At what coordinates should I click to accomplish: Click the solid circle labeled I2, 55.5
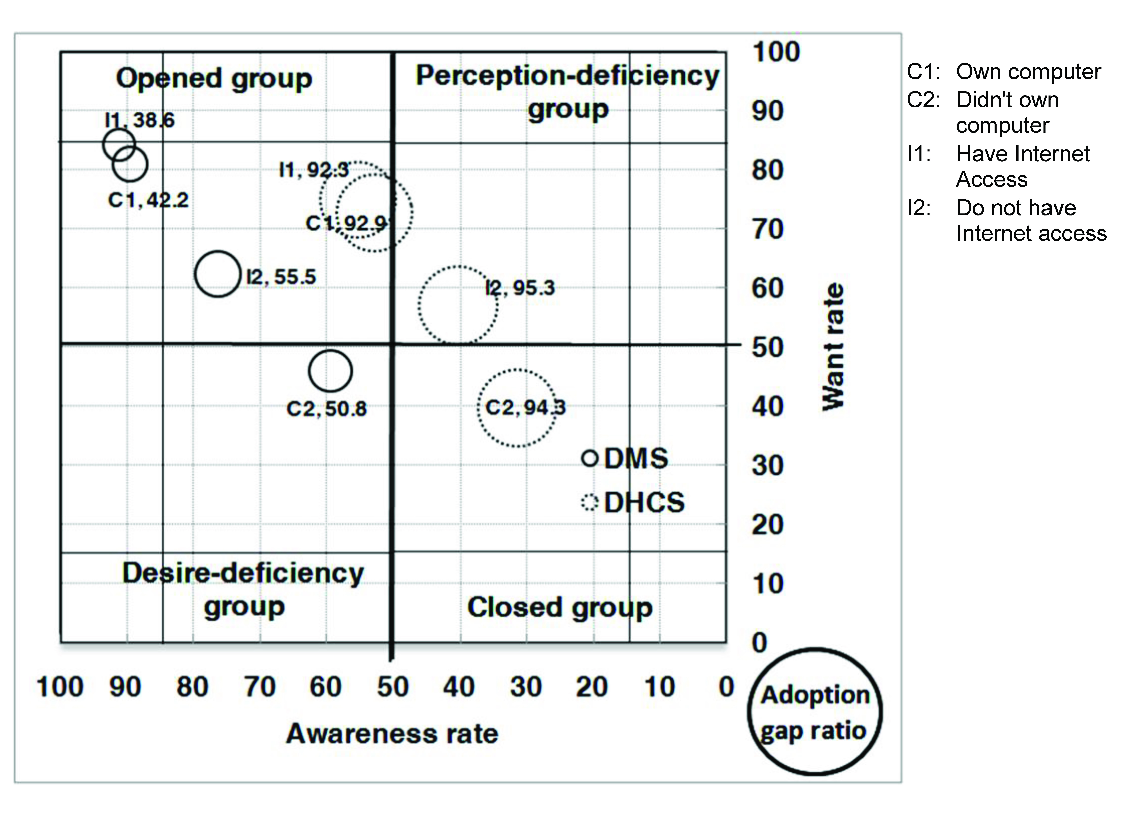click(217, 274)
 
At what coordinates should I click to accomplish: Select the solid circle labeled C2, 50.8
click(330, 371)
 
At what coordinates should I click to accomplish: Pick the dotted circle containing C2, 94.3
click(516, 408)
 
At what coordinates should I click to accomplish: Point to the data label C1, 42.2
click(148, 200)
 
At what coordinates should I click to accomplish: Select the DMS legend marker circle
click(590, 458)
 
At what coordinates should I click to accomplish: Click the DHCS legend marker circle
click(590, 502)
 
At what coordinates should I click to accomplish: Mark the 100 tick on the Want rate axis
click(776, 52)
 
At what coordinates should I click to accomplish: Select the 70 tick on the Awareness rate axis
click(260, 687)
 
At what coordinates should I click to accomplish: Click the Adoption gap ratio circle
click(815, 712)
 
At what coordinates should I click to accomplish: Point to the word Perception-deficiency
click(567, 76)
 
